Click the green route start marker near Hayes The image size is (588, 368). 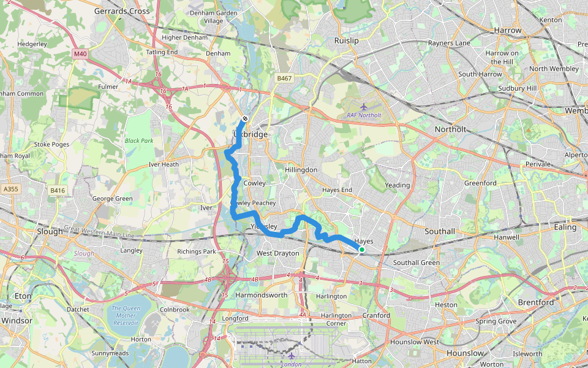[x=361, y=250]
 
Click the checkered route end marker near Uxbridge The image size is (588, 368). [x=245, y=118]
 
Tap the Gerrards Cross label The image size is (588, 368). [x=122, y=11]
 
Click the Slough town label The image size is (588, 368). [x=50, y=232]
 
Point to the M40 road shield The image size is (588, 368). [x=80, y=54]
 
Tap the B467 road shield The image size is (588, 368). [x=284, y=79]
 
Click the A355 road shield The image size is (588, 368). [x=10, y=190]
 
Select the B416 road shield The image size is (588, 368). [x=58, y=191]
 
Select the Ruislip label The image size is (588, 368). [x=346, y=40]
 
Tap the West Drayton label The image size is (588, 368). [x=278, y=253]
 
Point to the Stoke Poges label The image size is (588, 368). [x=50, y=145]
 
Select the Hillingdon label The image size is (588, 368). [x=301, y=169]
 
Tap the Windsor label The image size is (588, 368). [x=17, y=320]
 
